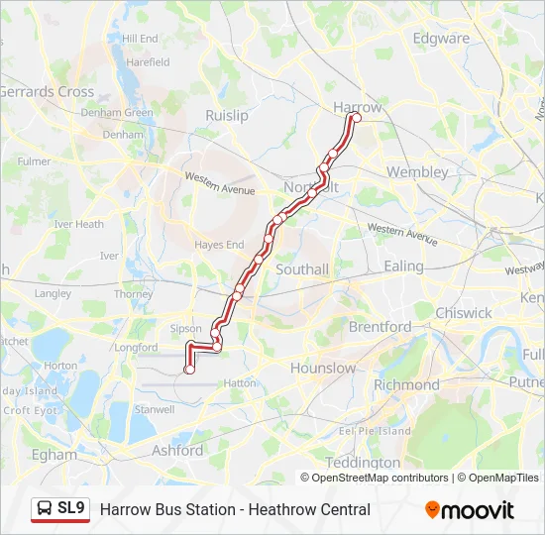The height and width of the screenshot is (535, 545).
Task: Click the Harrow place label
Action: click(x=357, y=107)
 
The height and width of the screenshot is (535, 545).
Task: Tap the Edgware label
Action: click(x=441, y=39)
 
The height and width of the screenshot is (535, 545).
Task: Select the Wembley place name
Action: click(x=417, y=171)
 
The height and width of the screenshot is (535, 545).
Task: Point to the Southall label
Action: click(x=302, y=268)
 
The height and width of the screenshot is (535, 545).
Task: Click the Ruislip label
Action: click(x=226, y=115)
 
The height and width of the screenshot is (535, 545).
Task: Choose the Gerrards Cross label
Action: click(x=46, y=91)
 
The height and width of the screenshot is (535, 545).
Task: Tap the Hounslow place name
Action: click(x=323, y=368)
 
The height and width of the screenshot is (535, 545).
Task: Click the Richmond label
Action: click(x=406, y=384)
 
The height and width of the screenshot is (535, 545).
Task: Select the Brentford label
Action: click(x=380, y=326)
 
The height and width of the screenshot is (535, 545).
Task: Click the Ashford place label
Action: click(x=177, y=451)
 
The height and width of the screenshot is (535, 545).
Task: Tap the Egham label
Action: click(x=54, y=455)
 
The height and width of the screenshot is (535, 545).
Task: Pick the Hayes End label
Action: click(x=219, y=244)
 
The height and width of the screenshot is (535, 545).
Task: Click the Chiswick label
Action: click(x=464, y=312)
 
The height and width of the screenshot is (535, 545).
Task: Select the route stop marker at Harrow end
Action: click(x=357, y=119)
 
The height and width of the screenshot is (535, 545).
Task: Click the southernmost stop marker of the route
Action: click(x=189, y=370)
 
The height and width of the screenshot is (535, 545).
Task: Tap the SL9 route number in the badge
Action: click(x=71, y=508)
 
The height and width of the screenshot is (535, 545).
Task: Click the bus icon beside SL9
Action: click(x=45, y=509)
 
